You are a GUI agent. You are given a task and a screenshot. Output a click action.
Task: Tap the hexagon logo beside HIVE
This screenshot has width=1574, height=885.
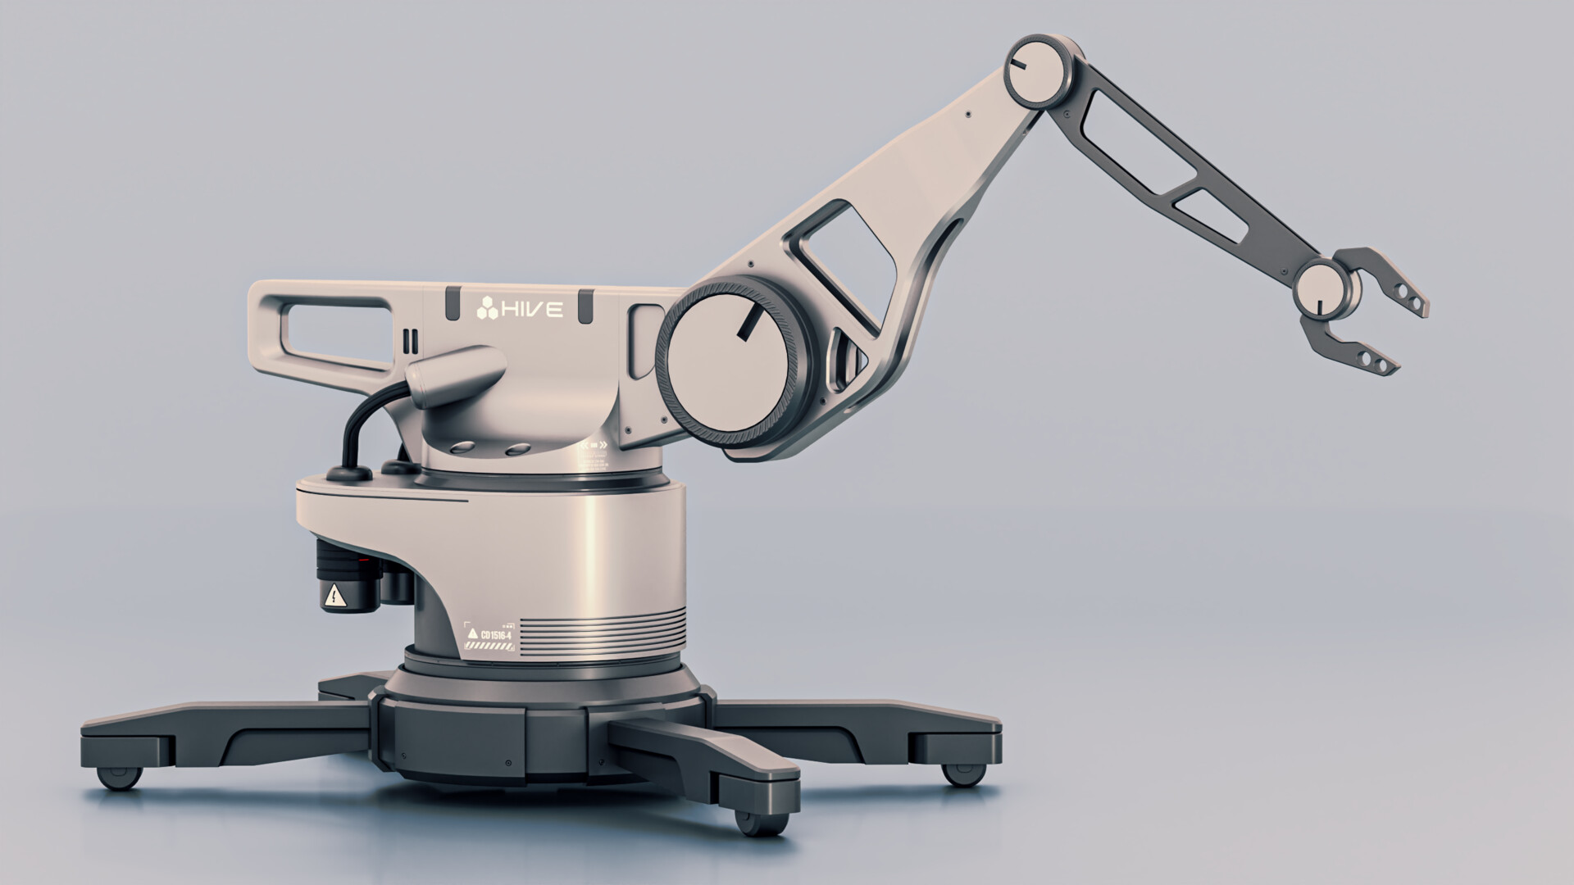487,310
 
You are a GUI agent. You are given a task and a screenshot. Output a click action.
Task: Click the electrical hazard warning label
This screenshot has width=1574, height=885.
334,596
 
